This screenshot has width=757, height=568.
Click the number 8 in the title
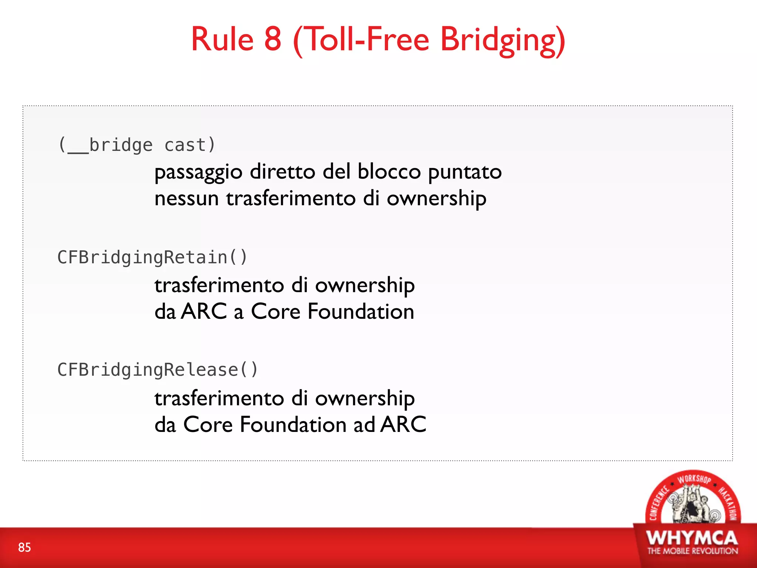[x=273, y=39]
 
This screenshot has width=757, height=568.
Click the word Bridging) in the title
[x=503, y=41]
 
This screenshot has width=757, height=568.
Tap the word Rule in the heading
[x=222, y=39]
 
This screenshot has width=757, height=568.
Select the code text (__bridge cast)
[x=137, y=145]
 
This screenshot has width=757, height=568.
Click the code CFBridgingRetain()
[x=152, y=257]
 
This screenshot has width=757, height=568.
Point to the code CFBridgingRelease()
[x=158, y=370]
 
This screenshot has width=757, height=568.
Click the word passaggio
[x=198, y=173]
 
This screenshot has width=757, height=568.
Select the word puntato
[x=465, y=173]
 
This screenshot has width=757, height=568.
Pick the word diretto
[x=283, y=172]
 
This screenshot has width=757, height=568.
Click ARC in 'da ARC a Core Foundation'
[x=204, y=311]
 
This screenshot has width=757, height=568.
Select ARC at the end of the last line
[x=404, y=425]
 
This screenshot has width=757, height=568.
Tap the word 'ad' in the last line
[x=364, y=425]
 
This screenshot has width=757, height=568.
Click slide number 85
[x=24, y=547]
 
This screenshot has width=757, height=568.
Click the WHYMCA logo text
[x=692, y=538]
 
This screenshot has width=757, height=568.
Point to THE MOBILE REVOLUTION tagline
[x=692, y=551]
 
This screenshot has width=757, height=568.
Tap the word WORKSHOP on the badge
[x=694, y=479]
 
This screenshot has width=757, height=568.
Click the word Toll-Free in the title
[x=367, y=39]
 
